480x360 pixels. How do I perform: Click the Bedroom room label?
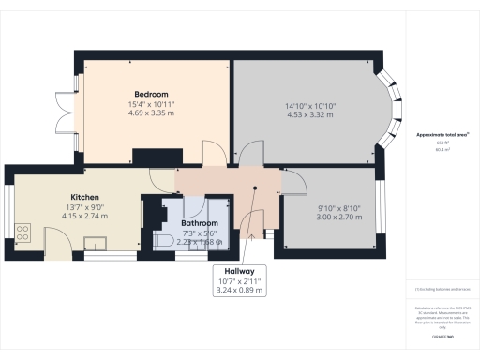(x=150, y=95)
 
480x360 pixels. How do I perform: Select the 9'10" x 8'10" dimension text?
(x=323, y=207)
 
